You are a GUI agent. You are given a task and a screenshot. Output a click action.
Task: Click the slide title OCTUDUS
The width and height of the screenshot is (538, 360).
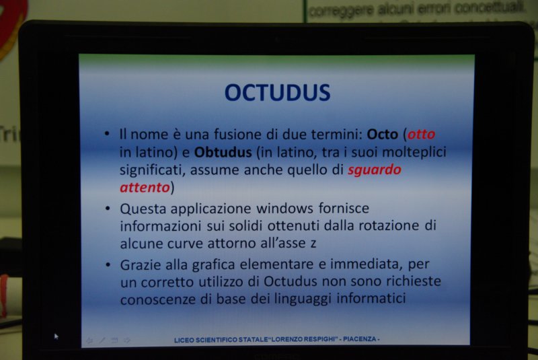(277, 93)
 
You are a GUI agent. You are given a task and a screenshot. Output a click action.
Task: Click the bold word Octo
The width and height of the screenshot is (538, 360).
(382, 134)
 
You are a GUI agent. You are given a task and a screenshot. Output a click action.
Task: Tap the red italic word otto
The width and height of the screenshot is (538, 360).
(421, 134)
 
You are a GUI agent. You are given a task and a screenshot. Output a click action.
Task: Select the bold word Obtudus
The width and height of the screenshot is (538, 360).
(223, 152)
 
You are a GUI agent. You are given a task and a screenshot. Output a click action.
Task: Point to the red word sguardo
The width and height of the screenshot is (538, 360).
(375, 170)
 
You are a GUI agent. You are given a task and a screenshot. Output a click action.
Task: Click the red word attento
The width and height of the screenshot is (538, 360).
(145, 188)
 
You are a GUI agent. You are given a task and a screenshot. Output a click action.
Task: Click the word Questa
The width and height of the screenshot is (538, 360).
(143, 209)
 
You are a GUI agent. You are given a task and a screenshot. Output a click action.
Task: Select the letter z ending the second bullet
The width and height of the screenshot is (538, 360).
(313, 244)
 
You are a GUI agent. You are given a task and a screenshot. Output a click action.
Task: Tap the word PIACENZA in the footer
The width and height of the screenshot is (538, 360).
(360, 339)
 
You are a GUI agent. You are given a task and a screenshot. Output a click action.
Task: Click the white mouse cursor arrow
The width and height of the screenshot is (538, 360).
(56, 336)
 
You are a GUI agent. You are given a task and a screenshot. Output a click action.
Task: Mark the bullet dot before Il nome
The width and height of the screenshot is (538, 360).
(107, 133)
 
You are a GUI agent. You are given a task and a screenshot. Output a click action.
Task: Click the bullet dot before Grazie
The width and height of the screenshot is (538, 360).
(108, 264)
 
